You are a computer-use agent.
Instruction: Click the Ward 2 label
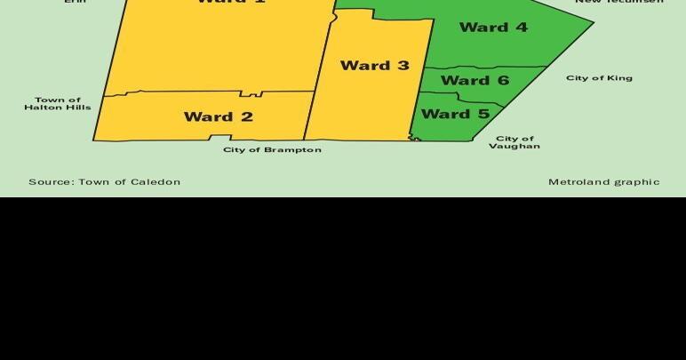[x=218, y=116]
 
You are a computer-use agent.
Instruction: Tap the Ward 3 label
[x=374, y=65]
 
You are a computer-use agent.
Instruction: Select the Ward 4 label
[x=493, y=27]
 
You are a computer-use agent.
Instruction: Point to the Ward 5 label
[x=455, y=114]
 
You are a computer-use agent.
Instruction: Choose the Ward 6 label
[x=475, y=80]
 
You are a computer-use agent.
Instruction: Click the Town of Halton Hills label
[x=58, y=103]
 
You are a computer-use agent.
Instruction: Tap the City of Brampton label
[x=272, y=149]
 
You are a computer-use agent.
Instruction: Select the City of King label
[x=599, y=77]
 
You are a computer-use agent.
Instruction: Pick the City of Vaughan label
[x=514, y=142]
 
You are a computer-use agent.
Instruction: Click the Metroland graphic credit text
[x=603, y=181]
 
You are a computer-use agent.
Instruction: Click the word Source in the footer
[x=49, y=181]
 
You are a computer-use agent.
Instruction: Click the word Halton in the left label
[x=42, y=108]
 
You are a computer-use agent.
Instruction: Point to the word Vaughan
[x=514, y=147]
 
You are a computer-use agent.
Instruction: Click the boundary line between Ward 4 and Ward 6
[x=484, y=68]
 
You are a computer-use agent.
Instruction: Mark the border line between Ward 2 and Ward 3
[x=309, y=116]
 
